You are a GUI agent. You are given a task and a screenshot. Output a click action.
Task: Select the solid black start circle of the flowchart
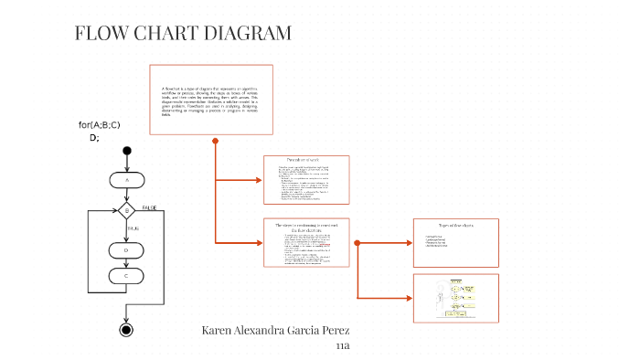coord(126,151)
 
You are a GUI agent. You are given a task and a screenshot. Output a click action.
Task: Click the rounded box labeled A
coord(126,181)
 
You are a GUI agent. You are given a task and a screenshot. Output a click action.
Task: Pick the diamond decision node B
coord(126,211)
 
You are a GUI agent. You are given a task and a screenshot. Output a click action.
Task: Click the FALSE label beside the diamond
coord(149,207)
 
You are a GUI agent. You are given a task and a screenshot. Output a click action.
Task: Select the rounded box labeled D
coord(126,249)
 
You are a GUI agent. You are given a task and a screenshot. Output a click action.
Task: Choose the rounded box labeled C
coord(126,274)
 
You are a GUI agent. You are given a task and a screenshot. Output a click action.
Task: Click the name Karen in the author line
coord(220,330)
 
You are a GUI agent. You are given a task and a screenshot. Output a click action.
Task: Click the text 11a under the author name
coord(344,346)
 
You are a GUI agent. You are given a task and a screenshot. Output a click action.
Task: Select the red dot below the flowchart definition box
coord(215,141)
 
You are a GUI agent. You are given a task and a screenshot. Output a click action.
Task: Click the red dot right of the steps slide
coord(357,243)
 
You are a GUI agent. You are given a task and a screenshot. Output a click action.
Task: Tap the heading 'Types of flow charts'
coord(455,225)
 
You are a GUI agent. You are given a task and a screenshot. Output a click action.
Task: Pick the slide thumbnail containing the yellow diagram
coord(455,298)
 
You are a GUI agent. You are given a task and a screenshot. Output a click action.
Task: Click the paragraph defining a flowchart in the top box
coord(210,101)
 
